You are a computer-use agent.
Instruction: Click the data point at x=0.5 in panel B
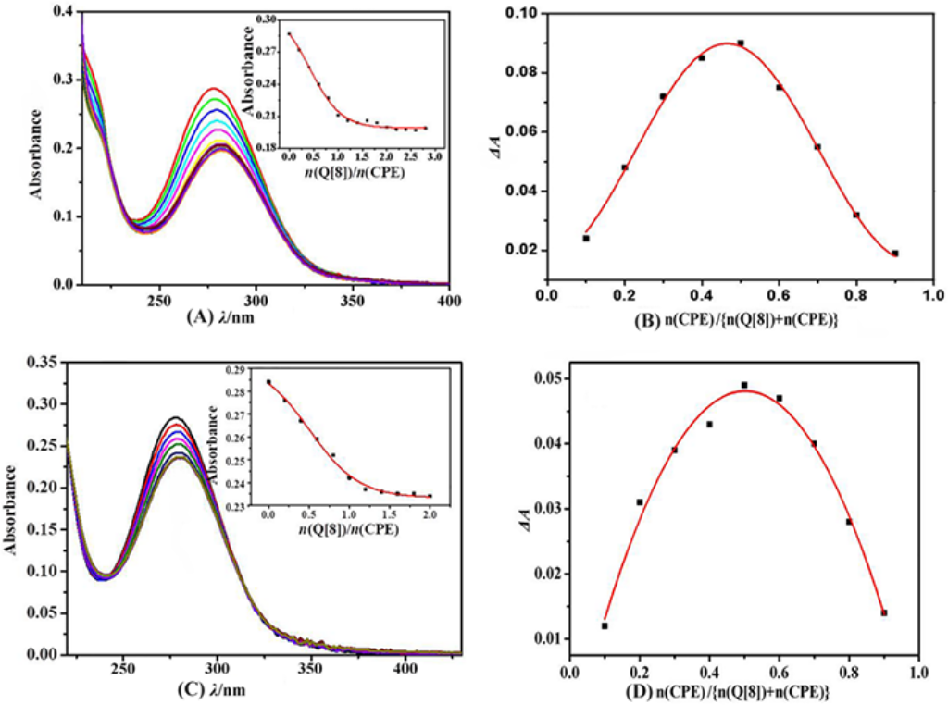(741, 43)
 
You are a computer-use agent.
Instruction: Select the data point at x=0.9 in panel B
(895, 253)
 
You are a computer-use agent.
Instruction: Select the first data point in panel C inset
(268, 381)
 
